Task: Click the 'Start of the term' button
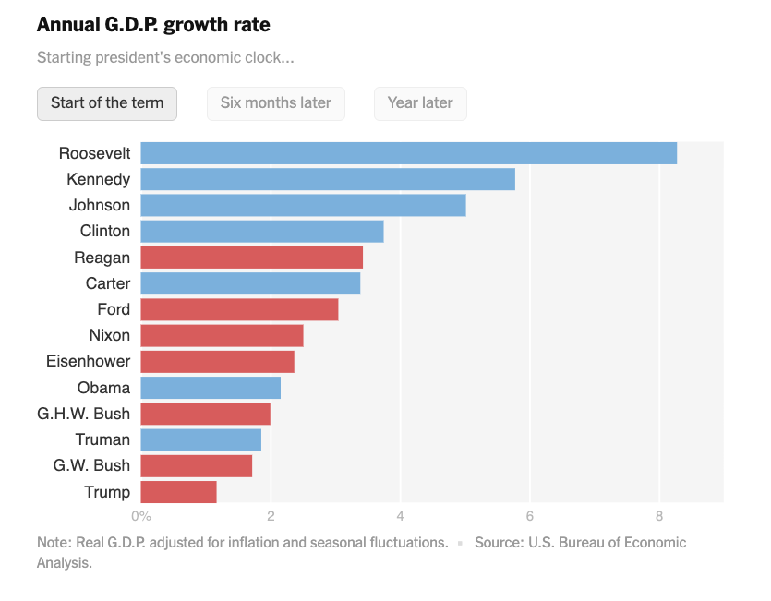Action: click(x=107, y=103)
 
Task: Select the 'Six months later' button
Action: click(x=275, y=103)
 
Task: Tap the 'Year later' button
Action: click(x=420, y=103)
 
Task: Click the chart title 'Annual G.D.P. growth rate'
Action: click(x=153, y=24)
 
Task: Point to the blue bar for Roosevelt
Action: click(x=408, y=153)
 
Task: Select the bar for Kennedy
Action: click(x=328, y=179)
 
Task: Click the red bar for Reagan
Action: click(x=251, y=258)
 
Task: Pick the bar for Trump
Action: click(x=178, y=492)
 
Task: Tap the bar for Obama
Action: click(x=211, y=388)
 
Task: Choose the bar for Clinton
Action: click(x=261, y=231)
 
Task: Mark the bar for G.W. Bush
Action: click(x=196, y=466)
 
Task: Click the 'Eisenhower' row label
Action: click(x=88, y=361)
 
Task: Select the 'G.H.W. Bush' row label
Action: click(x=83, y=414)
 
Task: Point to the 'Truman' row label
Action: click(x=102, y=439)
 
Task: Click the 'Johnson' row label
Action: click(x=100, y=205)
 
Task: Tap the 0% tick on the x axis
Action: click(x=140, y=515)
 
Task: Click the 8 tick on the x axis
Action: click(x=659, y=515)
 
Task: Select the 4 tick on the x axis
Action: click(x=400, y=515)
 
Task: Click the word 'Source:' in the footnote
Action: click(x=500, y=543)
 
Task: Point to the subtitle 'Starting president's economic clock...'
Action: click(x=165, y=58)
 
